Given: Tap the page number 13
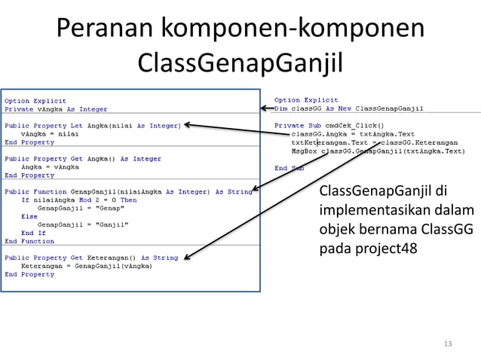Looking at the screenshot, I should pos(448,344).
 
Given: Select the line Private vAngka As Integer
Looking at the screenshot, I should pos(56,109).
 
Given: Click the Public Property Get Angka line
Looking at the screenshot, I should pos(83,159).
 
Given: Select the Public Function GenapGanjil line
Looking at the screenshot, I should pos(128,191).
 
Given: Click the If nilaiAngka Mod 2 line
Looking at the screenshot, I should pos(78,200).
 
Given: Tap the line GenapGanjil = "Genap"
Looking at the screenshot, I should pos(83,208).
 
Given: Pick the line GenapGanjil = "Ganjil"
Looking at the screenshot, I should pos(83,224).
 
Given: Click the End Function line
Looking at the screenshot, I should pos(29,241).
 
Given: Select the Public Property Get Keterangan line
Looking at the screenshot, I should pos(91,258).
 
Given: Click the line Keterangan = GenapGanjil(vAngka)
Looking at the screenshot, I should pos(86,266).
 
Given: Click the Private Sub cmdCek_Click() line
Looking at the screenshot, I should pos(329,125).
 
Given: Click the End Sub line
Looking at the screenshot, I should pos(290,168).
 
